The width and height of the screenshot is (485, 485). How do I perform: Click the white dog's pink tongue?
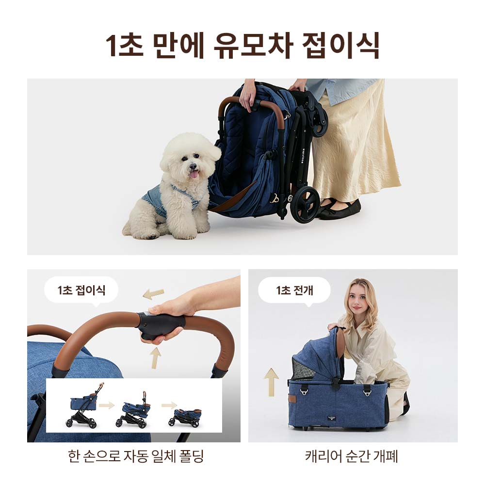click(x=194, y=174)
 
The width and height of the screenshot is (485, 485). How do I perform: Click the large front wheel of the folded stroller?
click(x=305, y=204)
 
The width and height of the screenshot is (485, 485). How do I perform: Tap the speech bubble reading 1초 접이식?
click(x=81, y=291)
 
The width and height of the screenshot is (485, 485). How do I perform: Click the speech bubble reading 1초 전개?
click(x=294, y=291)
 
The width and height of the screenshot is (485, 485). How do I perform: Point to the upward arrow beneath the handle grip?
click(x=155, y=357)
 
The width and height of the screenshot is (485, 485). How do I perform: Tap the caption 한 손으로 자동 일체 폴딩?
click(x=136, y=456)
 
